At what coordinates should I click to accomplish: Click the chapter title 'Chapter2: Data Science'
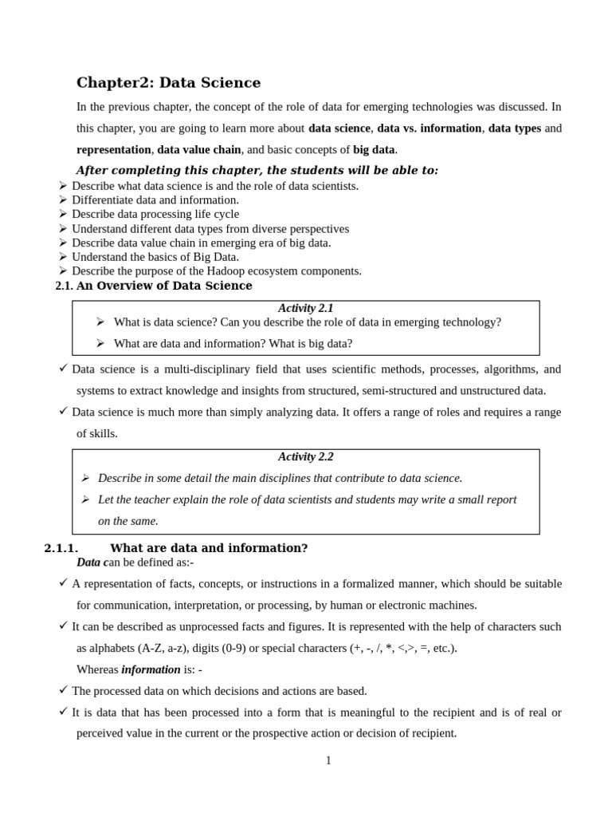pos(168,82)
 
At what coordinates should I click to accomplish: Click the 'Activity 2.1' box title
pos(305,308)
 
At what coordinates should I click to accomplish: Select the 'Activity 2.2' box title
pos(305,456)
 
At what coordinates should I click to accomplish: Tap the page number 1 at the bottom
pos(328,760)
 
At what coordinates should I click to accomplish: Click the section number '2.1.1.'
pos(61,548)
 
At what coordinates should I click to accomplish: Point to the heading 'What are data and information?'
pos(208,548)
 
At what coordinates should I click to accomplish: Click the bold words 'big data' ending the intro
pos(374,149)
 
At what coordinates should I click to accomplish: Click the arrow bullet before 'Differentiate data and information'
pos(63,199)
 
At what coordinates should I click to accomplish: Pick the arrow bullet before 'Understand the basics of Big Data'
pos(63,257)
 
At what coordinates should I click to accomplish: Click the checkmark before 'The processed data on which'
pos(64,690)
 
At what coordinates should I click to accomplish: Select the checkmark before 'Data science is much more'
pos(64,412)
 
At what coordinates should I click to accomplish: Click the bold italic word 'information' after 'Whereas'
pos(151,669)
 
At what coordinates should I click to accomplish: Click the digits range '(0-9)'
pos(231,648)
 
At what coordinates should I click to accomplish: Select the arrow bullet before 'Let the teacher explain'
pos(85,499)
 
